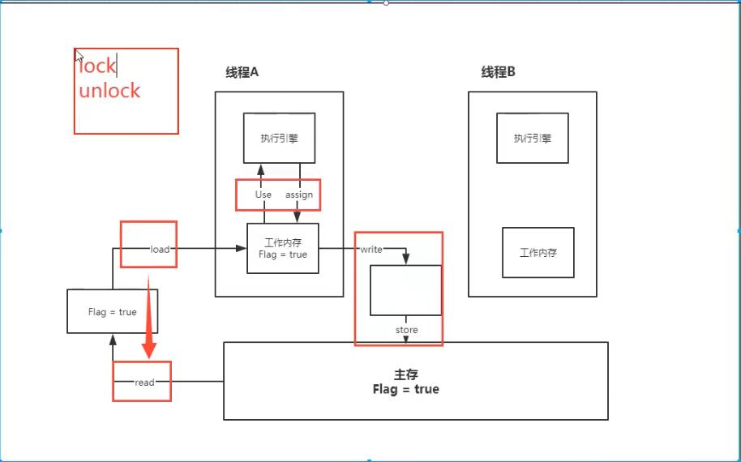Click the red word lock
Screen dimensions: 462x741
click(x=98, y=66)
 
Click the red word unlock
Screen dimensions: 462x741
click(x=109, y=90)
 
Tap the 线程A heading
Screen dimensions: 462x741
click(x=242, y=72)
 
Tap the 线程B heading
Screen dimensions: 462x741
click(x=498, y=72)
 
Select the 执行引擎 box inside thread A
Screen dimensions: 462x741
click(x=279, y=139)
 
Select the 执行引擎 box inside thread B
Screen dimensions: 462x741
click(x=532, y=139)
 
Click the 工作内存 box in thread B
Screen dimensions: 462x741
click(x=538, y=253)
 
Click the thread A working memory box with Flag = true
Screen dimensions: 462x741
click(x=282, y=248)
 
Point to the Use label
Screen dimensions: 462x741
click(x=263, y=195)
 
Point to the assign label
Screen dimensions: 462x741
click(x=299, y=195)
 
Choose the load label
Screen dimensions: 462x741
click(x=160, y=249)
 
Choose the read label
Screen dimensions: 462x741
click(x=144, y=382)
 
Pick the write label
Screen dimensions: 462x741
click(x=371, y=249)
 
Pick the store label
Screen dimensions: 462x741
click(x=406, y=330)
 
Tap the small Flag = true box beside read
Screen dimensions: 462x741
click(x=112, y=311)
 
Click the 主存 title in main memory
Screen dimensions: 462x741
click(x=405, y=375)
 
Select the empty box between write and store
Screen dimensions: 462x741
click(x=405, y=289)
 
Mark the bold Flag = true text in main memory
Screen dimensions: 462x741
click(x=405, y=390)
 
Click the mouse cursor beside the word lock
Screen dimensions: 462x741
click(x=79, y=57)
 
